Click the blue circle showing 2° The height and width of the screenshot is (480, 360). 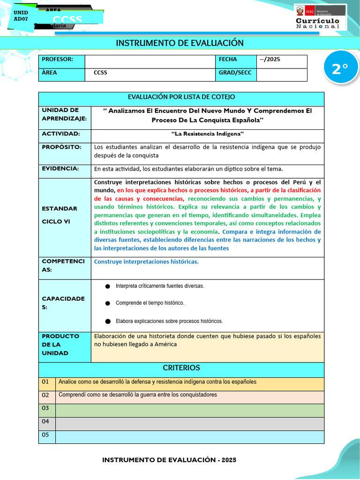tap(340, 68)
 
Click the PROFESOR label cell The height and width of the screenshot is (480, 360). tap(61, 60)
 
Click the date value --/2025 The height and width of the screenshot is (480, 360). tap(270, 60)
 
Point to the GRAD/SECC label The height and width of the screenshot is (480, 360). tap(235, 73)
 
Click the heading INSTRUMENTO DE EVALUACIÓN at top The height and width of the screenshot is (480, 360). tap(180, 43)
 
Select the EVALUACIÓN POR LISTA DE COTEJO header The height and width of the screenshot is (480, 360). tap(181, 97)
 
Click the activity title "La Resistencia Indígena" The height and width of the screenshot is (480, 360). tap(207, 134)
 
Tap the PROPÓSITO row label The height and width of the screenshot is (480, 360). tap(61, 147)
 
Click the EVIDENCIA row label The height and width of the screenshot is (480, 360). tap(60, 169)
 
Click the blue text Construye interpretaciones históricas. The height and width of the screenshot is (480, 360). tap(146, 262)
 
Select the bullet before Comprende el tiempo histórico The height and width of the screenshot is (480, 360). tap(107, 303)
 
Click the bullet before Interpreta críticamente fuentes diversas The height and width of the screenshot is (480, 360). tap(107, 286)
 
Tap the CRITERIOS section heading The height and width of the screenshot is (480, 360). tap(181, 368)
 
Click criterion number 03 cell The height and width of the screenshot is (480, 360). tap(45, 408)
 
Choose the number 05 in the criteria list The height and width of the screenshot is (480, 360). tap(45, 435)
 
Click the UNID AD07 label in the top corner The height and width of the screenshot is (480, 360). tap(21, 16)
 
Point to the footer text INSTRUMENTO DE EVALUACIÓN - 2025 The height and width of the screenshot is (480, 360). tap(169, 460)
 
